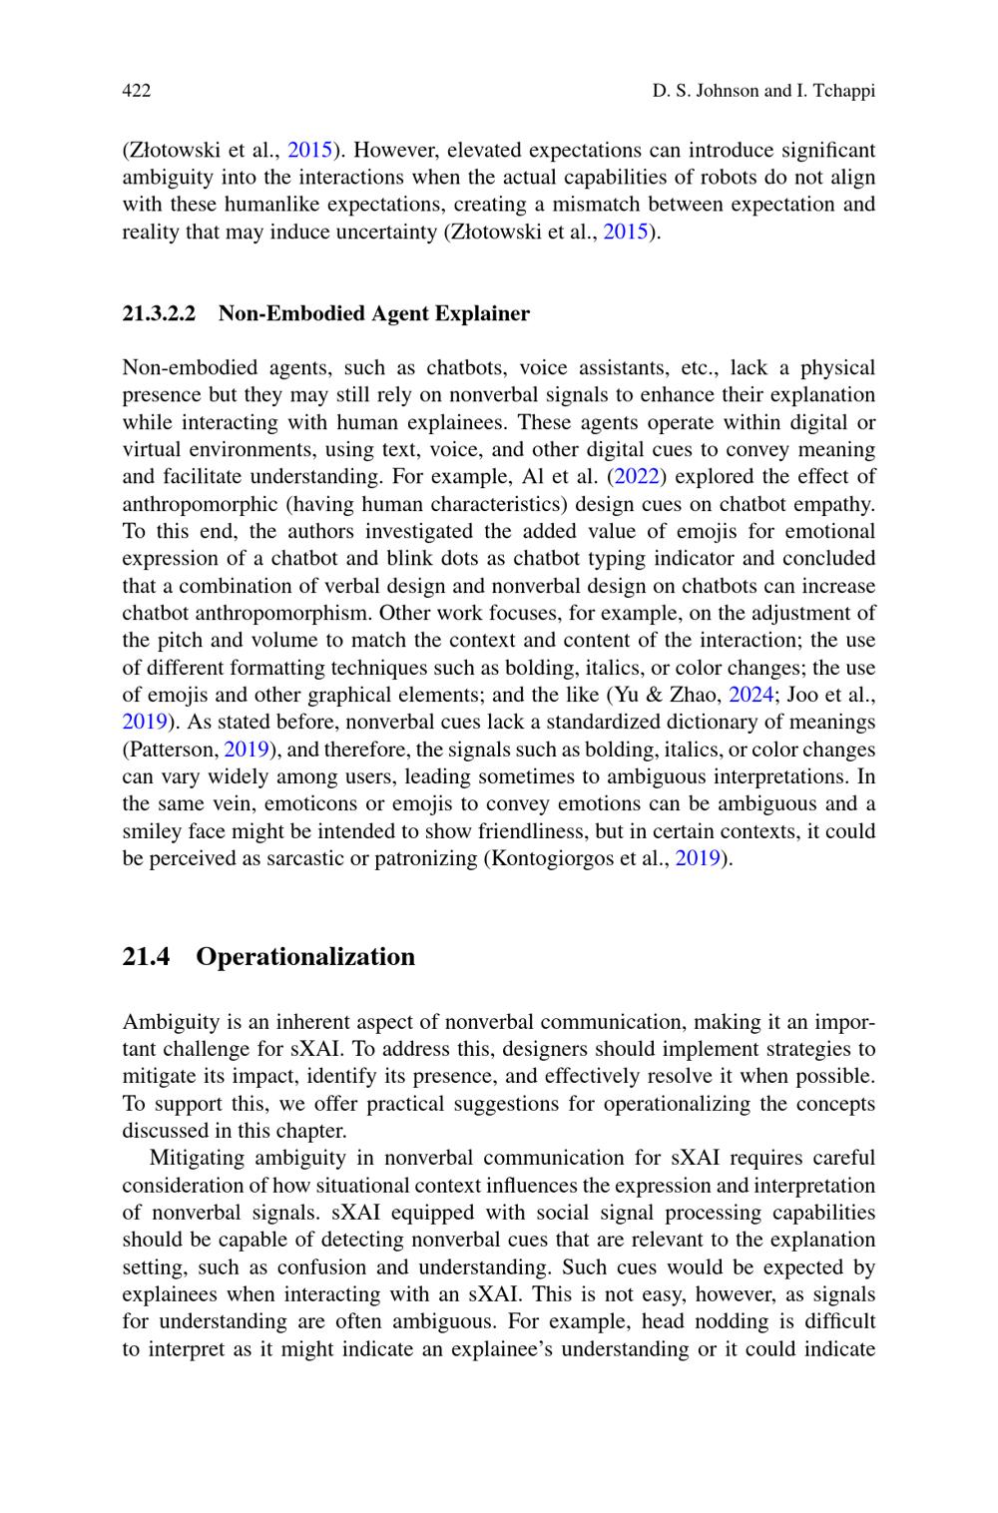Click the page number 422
[x=136, y=92]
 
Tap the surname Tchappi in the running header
[x=843, y=92]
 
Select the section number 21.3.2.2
[x=159, y=314]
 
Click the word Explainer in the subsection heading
[x=483, y=314]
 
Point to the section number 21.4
[x=146, y=957]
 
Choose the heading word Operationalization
[x=305, y=957]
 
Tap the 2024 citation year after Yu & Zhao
[x=751, y=695]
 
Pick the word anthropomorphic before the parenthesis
[x=205, y=504]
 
